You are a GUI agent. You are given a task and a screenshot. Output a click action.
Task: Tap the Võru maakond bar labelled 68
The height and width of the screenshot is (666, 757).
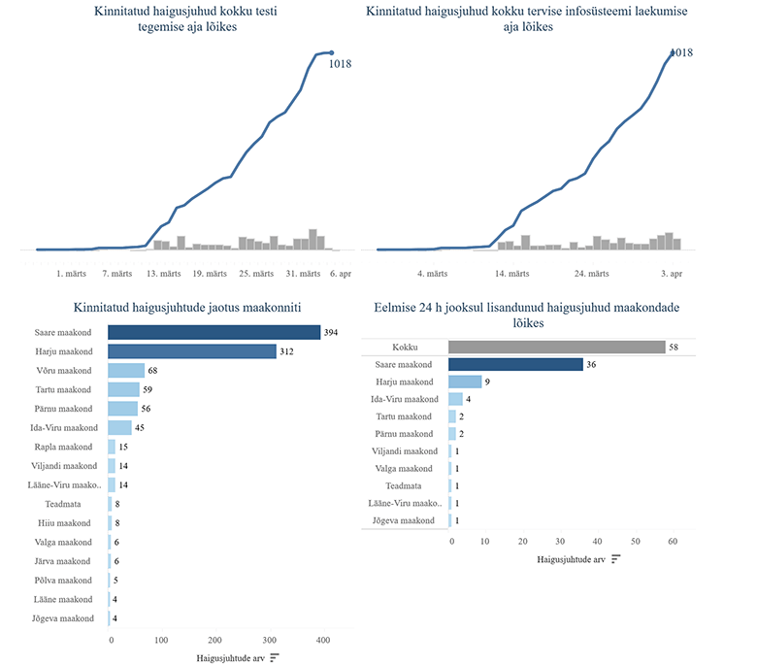point(126,371)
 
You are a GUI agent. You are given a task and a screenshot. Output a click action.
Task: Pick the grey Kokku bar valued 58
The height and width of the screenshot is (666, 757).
point(556,347)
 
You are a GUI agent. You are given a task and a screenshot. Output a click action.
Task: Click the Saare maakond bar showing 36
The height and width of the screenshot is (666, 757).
point(515,364)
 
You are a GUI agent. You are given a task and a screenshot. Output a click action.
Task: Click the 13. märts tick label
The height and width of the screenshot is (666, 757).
point(164,274)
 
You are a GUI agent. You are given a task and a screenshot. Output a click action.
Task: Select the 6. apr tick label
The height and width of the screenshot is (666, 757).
point(340,274)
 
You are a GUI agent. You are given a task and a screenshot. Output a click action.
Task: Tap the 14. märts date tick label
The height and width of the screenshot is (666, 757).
point(511,274)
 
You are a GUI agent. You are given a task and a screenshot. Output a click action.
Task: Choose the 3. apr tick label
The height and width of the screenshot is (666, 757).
point(671,274)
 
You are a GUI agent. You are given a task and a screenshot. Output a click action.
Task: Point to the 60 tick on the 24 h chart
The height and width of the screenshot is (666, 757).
point(672,541)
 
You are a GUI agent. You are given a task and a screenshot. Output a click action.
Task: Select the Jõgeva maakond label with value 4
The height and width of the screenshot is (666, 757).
point(63,618)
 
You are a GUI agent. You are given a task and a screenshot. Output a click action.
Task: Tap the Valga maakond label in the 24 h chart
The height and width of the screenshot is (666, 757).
point(409,469)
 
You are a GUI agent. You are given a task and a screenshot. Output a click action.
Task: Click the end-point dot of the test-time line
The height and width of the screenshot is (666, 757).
point(331,52)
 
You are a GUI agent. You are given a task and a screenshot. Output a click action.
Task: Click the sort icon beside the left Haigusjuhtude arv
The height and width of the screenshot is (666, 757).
point(275,658)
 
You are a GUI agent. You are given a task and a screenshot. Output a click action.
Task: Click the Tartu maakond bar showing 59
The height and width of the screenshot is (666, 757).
point(123,390)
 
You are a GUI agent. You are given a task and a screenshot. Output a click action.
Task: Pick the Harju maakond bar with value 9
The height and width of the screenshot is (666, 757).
point(465,382)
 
